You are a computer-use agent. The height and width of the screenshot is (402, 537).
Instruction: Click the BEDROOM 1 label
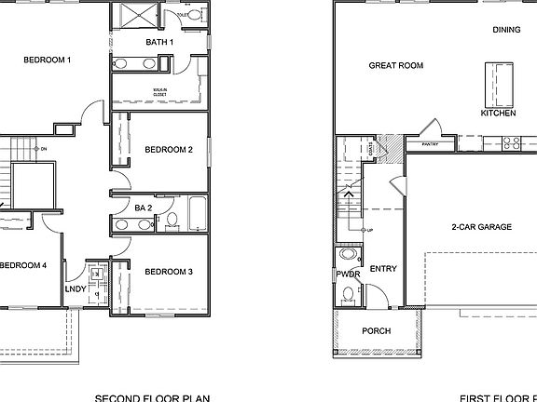48,60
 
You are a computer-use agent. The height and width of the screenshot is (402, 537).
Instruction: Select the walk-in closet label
160,92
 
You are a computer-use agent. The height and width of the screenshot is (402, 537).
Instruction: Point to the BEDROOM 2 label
169,149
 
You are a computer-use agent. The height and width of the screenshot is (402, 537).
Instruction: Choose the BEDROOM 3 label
169,271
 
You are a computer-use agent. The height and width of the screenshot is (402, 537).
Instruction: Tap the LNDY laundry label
76,289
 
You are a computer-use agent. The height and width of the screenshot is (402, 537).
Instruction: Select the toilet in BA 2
172,221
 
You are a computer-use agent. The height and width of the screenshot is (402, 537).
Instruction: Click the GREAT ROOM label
396,65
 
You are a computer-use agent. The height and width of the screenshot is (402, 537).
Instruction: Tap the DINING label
506,30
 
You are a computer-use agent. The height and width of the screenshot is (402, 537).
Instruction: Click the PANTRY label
430,144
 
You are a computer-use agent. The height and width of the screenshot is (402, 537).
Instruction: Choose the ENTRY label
383,269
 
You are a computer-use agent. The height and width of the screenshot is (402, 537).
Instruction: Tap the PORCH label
376,330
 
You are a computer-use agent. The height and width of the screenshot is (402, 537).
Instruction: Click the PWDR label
348,274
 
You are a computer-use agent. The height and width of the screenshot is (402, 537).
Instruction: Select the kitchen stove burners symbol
511,143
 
